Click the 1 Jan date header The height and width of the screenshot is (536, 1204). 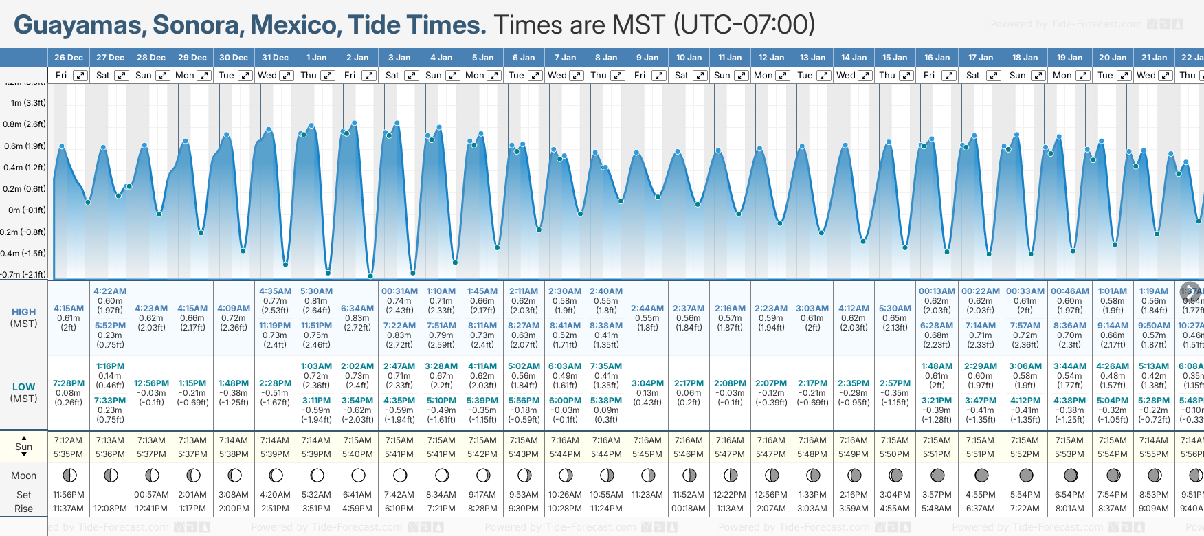[316, 58]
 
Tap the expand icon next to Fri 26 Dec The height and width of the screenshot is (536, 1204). [80, 76]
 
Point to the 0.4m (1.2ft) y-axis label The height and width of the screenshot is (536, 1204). [24, 168]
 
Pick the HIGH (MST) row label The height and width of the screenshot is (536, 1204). [24, 317]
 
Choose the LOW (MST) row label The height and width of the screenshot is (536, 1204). [24, 392]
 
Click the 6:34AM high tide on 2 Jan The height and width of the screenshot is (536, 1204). [357, 309]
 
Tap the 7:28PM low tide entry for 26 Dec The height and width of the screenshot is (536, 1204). [69, 383]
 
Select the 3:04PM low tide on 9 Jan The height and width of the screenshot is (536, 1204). [647, 383]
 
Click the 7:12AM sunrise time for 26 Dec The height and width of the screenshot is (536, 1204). [69, 440]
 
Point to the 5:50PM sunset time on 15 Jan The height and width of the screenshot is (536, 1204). [895, 454]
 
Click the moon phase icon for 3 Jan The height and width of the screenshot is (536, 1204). [400, 475]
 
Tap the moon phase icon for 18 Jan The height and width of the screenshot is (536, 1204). [1026, 475]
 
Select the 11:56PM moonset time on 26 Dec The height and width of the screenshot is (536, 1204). [69, 495]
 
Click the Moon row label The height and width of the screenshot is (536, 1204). [24, 476]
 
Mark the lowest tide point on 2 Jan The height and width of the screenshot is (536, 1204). [370, 276]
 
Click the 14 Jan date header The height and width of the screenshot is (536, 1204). [854, 58]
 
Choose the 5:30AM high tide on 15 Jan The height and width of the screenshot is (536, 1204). [895, 309]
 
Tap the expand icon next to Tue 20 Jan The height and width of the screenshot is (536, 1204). [1125, 76]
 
